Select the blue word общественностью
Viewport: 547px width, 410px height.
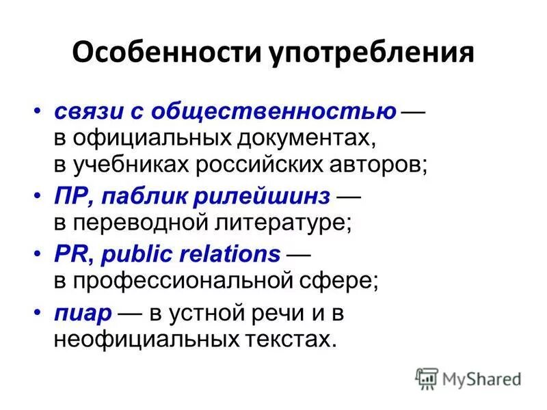pyautogui.click(x=273, y=112)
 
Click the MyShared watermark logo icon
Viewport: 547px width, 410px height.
pyautogui.click(x=427, y=378)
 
